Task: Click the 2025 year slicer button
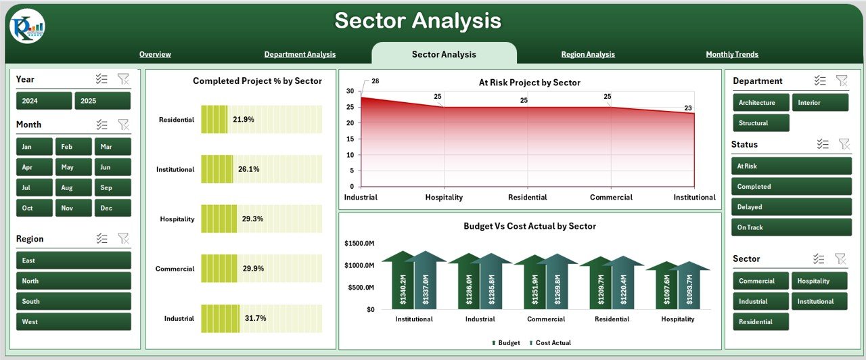click(x=102, y=101)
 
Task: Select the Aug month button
click(x=73, y=187)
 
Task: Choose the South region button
click(x=74, y=301)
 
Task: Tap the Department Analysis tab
click(x=300, y=55)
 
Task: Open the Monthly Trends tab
click(x=732, y=55)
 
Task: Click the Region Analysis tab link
click(x=588, y=55)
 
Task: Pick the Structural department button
click(x=760, y=123)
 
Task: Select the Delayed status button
click(x=791, y=207)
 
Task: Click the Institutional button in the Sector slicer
click(x=820, y=301)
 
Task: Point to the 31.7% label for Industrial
click(x=255, y=318)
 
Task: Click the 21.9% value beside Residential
click(x=244, y=120)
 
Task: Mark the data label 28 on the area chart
click(x=375, y=81)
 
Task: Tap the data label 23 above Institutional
click(x=687, y=108)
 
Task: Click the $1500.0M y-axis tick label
click(x=359, y=243)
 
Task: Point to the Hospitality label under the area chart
click(x=444, y=198)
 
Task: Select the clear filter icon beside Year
click(x=122, y=79)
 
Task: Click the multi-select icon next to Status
click(x=823, y=144)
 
